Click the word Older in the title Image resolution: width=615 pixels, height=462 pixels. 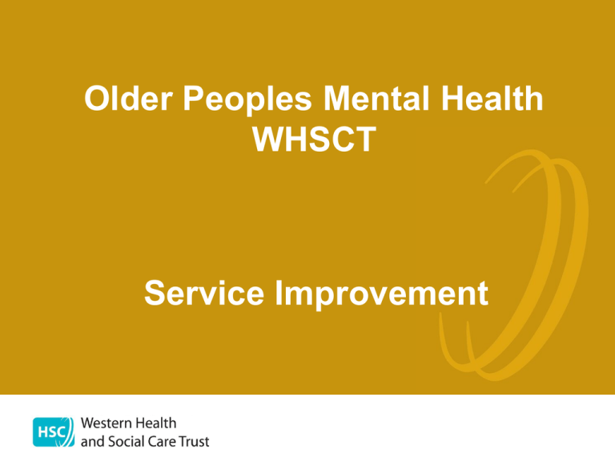(x=128, y=98)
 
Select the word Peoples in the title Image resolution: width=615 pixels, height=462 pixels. (x=247, y=100)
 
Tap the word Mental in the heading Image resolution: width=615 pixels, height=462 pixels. (x=376, y=98)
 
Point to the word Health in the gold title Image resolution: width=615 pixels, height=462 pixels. (x=492, y=98)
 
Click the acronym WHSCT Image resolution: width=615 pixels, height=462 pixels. (x=314, y=139)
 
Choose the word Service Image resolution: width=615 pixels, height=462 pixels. (x=204, y=293)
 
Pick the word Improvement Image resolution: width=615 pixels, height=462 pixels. (x=382, y=294)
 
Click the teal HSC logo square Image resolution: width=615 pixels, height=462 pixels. (x=54, y=432)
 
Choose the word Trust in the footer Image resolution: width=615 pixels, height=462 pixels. (x=194, y=442)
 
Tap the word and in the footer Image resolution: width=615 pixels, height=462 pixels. (x=93, y=442)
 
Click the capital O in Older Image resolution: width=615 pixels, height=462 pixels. (x=98, y=98)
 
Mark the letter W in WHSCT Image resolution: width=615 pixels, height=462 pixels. (x=269, y=139)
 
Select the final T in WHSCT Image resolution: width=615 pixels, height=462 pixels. (x=365, y=139)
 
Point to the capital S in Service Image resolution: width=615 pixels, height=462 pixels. (x=156, y=293)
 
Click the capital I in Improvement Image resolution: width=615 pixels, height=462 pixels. (x=279, y=293)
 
